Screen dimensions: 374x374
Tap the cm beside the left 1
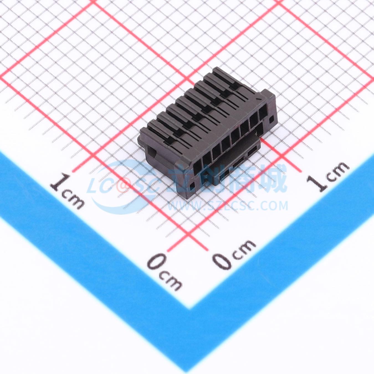pyautogui.click(x=74, y=201)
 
